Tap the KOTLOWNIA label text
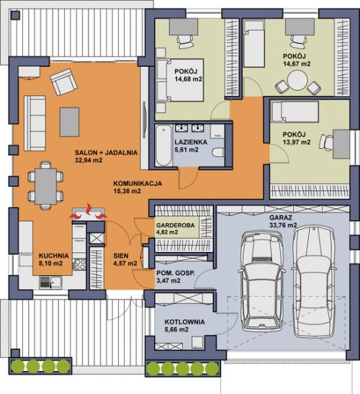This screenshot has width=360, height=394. click(184, 322)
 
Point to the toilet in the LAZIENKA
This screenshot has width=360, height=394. click(217, 152)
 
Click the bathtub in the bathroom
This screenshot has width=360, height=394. click(163, 145)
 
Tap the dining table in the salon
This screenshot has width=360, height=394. click(45, 186)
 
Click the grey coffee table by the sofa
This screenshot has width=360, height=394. click(69, 122)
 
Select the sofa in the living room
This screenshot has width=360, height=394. click(35, 123)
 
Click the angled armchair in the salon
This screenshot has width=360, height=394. click(63, 82)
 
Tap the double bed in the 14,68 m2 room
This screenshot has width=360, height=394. click(179, 80)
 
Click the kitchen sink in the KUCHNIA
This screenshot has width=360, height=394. click(50, 282)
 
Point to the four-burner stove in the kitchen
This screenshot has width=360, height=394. click(80, 264)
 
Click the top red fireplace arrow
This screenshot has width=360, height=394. click(89, 209)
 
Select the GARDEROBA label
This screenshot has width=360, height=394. click(176, 225)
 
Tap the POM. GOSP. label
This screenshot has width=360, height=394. click(176, 274)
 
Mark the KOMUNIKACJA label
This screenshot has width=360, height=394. click(138, 184)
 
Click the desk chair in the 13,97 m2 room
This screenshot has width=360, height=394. click(326, 143)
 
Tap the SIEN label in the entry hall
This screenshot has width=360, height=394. click(121, 256)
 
